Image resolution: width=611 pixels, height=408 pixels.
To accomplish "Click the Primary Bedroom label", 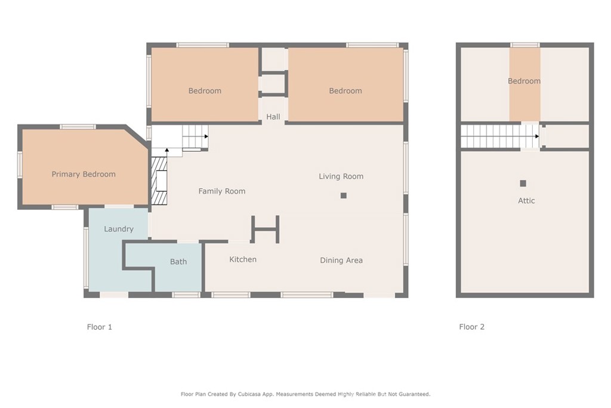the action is pos(84,174).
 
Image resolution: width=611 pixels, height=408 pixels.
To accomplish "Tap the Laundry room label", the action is pos(119,229).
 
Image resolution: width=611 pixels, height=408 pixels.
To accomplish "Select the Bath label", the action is pos(178,262).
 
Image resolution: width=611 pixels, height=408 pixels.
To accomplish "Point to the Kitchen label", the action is pos(243,259).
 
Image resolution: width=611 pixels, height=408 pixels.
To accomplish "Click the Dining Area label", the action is pos(341,260).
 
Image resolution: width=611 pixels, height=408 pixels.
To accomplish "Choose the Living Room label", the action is pos(341,176).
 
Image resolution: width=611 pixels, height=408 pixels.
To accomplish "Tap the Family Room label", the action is pos(222,191).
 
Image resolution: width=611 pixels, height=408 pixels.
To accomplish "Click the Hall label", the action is pos(273,116).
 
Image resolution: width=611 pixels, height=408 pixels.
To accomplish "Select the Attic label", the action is pos(526,201).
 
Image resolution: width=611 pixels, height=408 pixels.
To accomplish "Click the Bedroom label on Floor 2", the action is pos(524,81).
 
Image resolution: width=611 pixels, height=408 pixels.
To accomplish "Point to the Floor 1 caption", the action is pos(100,327).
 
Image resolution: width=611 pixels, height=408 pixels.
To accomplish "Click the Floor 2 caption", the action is pos(472,327).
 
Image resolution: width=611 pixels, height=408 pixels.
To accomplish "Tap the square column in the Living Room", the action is pos(343,195).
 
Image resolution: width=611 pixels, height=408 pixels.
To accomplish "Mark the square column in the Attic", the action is pos(523,183).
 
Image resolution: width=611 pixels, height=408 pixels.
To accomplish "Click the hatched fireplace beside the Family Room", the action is pos(159,181).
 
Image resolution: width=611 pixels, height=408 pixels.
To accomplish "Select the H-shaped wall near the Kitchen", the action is pos(266,229).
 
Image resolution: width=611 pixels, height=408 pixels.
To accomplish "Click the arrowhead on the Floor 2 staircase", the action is pos(537,137).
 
